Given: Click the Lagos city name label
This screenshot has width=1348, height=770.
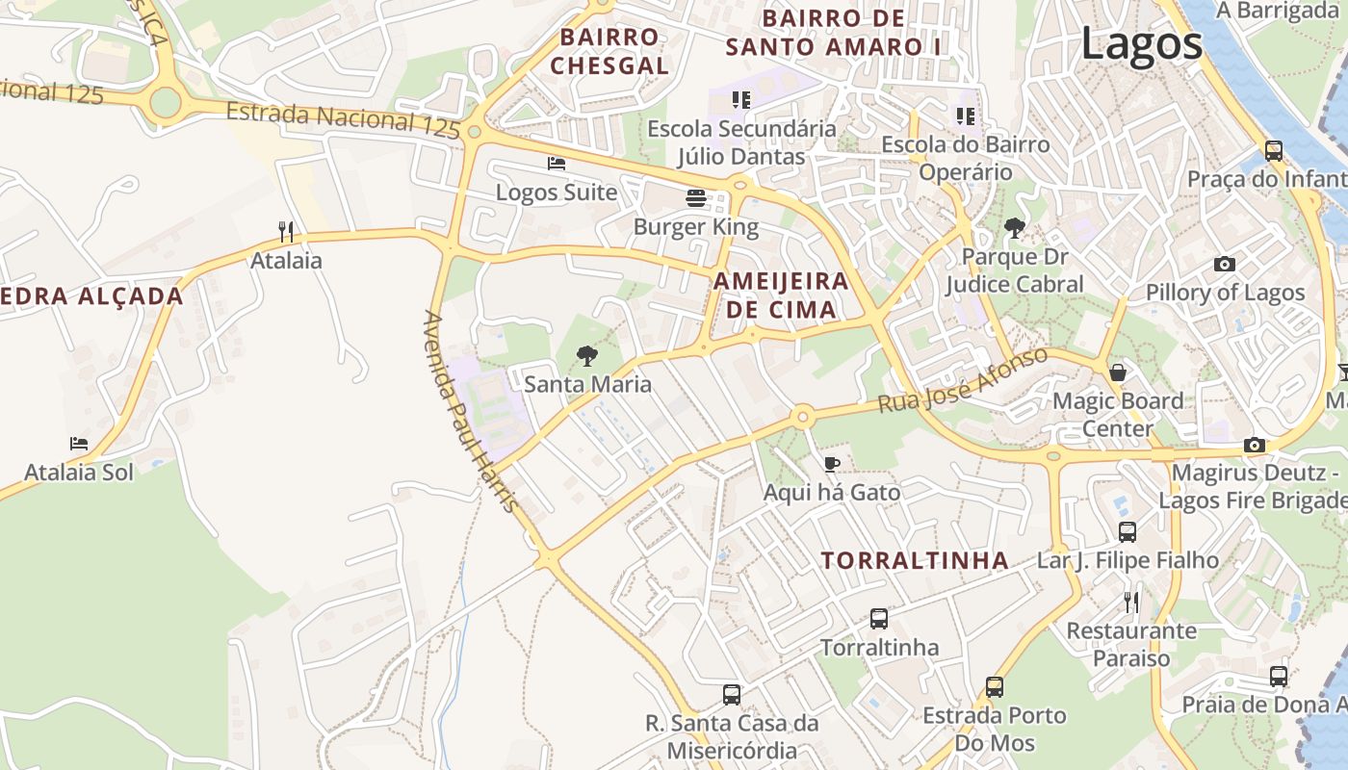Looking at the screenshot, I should pyautogui.click(x=1142, y=44).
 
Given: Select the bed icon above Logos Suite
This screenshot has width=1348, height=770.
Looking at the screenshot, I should pyautogui.click(x=556, y=164).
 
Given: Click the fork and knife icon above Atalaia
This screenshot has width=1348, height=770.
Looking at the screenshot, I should pyautogui.click(x=285, y=231).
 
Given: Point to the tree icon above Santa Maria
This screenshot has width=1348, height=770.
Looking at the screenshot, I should pyautogui.click(x=586, y=356).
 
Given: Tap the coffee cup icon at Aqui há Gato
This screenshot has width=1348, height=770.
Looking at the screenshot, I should pyautogui.click(x=832, y=465).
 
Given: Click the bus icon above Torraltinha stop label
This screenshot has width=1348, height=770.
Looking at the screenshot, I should pyautogui.click(x=878, y=619).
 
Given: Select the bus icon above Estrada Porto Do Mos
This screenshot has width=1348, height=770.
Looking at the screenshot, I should pyautogui.click(x=994, y=687).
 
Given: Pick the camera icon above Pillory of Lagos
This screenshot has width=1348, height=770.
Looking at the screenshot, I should pyautogui.click(x=1224, y=264).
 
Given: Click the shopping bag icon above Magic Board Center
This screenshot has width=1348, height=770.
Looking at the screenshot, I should pyautogui.click(x=1117, y=372).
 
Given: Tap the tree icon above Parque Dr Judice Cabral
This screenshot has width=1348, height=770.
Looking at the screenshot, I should pyautogui.click(x=1013, y=228).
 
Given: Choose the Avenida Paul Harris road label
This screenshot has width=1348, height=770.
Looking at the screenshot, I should pyautogui.click(x=471, y=411).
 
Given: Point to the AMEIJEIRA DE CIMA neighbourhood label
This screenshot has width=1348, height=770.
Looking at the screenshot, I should pyautogui.click(x=781, y=295).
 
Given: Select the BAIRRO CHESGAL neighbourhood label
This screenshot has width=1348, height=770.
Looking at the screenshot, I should pyautogui.click(x=609, y=52).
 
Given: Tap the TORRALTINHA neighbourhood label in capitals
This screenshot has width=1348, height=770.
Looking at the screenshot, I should pyautogui.click(x=915, y=560).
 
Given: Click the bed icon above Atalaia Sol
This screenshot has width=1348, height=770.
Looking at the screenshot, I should pyautogui.click(x=79, y=444).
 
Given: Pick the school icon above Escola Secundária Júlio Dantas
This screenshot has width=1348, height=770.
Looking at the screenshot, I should pyautogui.click(x=740, y=99).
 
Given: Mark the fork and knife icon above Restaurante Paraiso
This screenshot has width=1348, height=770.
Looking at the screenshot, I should pyautogui.click(x=1131, y=603).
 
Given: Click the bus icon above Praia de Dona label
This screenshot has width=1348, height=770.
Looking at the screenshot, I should pyautogui.click(x=1278, y=676).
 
